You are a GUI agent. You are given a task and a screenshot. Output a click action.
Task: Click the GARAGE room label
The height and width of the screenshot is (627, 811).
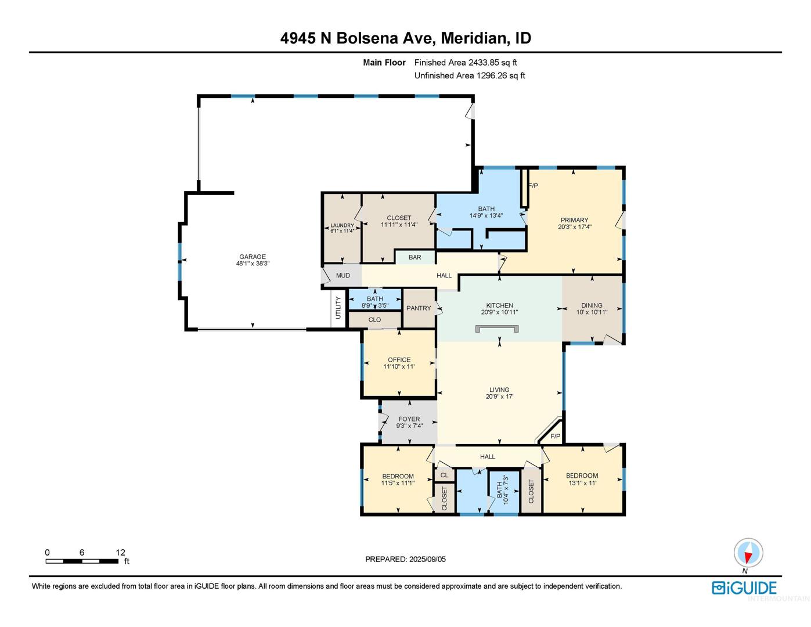tap(253, 257)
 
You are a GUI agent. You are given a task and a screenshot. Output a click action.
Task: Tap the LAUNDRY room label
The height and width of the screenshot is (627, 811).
tap(342, 225)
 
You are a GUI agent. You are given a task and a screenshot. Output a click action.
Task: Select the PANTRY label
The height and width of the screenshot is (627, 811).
tap(419, 308)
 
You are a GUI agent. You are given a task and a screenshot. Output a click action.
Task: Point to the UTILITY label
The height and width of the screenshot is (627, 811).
tap(338, 308)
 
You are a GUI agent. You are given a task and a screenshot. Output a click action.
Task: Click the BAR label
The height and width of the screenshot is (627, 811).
tap(414, 257)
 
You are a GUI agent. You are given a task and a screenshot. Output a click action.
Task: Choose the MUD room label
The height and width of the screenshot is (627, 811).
tap(343, 275)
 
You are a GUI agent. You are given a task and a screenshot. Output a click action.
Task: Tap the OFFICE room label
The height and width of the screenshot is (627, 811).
tap(399, 359)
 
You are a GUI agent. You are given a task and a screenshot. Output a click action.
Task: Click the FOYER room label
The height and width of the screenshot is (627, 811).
tap(409, 419)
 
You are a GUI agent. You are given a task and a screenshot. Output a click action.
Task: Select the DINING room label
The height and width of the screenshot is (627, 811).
tap(592, 305)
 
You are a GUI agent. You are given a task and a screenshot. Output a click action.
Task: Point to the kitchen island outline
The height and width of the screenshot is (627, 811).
tap(497, 326)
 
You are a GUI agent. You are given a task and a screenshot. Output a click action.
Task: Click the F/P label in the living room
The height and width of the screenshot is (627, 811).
tap(556, 436)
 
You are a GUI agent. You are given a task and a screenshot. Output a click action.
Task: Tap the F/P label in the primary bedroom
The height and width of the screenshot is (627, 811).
tap(534, 186)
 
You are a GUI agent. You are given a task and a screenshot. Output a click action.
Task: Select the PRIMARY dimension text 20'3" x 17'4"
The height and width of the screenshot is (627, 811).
tap(574, 226)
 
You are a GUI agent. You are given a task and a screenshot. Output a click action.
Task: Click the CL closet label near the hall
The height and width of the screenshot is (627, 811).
tap(444, 475)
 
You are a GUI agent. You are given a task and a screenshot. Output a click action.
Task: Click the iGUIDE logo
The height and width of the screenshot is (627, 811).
tap(744, 588)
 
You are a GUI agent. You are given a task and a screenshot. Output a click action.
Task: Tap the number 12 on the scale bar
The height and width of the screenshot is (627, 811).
tap(120, 552)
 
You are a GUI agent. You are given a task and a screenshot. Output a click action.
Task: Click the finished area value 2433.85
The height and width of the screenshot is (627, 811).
tap(484, 62)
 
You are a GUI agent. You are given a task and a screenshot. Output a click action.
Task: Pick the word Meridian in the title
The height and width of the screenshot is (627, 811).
tap(473, 38)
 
